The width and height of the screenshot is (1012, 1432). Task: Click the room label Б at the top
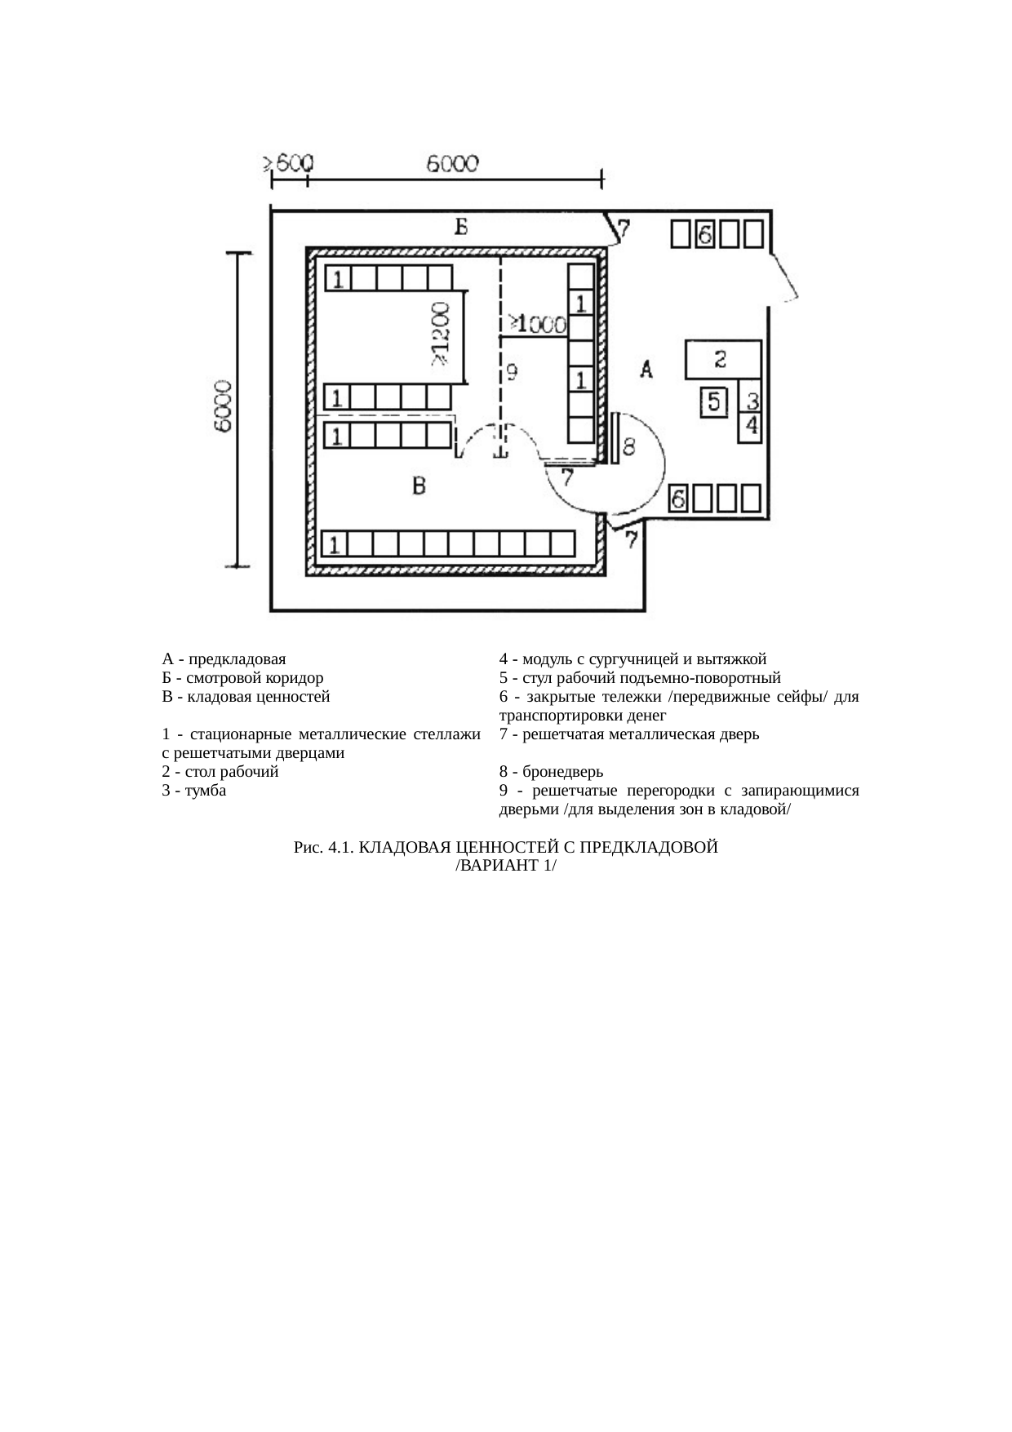(461, 227)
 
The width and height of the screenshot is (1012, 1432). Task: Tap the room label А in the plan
(646, 370)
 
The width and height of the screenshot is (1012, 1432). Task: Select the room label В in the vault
(419, 487)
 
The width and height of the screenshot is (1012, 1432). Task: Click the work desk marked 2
(721, 359)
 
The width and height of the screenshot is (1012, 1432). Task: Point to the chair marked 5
(714, 401)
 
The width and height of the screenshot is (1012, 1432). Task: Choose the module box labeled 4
(751, 426)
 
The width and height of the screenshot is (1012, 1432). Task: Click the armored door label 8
(629, 446)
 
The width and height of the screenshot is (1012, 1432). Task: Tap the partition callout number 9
(511, 373)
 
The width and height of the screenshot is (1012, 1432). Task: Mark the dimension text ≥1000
(536, 324)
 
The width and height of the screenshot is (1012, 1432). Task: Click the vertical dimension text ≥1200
(440, 334)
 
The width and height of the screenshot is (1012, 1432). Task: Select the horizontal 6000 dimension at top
(453, 164)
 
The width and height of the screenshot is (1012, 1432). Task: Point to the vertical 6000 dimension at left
(224, 406)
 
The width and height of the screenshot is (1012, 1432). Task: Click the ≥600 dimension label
(286, 162)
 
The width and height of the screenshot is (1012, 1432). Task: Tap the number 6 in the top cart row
(706, 235)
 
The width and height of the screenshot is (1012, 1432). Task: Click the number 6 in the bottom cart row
(677, 498)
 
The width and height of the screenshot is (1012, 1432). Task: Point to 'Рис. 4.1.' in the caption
(323, 848)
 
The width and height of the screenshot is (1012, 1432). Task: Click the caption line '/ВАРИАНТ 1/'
(505, 865)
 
